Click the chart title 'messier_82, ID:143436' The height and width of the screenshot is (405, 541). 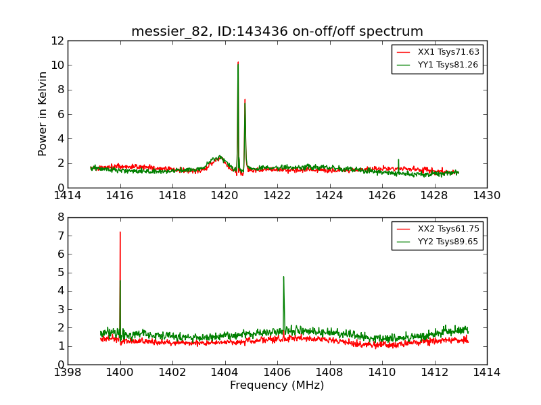277,32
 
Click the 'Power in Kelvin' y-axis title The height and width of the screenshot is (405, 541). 43,113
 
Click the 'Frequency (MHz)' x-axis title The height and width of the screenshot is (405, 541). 277,385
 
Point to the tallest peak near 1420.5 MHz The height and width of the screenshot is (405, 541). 238,63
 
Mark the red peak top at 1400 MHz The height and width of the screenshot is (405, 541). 120,233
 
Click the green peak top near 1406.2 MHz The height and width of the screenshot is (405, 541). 283,277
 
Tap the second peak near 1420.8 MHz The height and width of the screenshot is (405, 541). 245,100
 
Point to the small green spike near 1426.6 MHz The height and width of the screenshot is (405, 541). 398,160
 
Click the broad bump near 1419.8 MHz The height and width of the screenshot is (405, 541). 219,157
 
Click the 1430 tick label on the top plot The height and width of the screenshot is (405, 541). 486,196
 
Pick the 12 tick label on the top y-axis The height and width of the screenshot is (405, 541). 57,40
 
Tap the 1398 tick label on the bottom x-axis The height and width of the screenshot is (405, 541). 68,372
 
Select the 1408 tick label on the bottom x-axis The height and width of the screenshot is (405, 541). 329,372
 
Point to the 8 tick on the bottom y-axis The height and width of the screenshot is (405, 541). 60,217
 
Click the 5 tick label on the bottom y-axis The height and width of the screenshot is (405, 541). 60,273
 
